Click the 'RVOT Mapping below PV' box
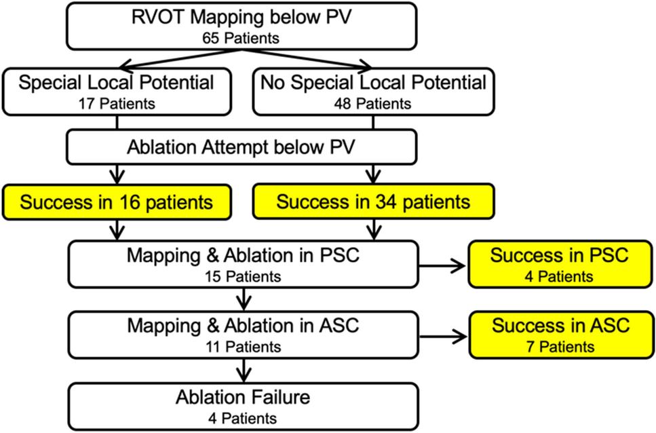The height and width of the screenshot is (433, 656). (242, 26)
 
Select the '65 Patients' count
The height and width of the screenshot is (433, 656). (241, 38)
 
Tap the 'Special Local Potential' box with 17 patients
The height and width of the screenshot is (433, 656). (117, 92)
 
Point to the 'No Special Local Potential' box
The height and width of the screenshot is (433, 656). (373, 92)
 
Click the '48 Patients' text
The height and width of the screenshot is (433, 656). (372, 104)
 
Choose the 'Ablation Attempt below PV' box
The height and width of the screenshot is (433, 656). (242, 147)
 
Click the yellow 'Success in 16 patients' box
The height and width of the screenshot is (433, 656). (117, 202)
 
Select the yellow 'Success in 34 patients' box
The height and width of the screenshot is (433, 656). (373, 202)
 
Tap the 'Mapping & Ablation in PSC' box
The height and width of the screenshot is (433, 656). (243, 264)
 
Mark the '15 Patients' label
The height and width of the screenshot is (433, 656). (243, 276)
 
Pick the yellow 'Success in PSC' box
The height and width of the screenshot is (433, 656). (560, 264)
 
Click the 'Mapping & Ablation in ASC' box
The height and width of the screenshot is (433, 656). (243, 335)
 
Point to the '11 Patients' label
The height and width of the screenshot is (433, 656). (243, 347)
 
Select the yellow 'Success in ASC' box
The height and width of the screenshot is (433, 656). (560, 335)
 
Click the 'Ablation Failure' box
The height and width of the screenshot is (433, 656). (243, 407)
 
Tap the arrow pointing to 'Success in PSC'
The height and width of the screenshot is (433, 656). (442, 265)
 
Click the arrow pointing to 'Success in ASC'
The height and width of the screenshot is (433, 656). (442, 337)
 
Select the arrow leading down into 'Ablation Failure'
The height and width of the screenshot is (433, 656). (244, 371)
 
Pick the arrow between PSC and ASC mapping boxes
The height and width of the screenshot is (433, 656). (244, 299)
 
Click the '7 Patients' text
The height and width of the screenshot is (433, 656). (560, 347)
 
